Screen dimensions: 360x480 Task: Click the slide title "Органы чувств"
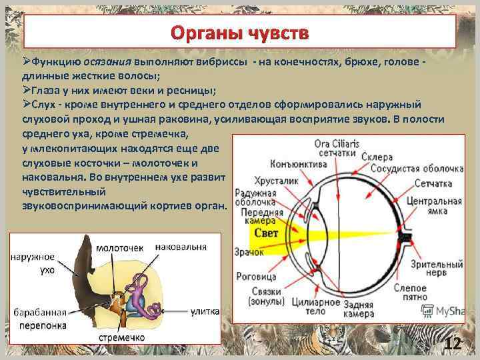(239, 33)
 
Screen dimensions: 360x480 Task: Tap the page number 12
(453, 344)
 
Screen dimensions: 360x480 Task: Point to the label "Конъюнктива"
(299, 164)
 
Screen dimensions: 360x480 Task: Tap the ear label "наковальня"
(181, 246)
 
